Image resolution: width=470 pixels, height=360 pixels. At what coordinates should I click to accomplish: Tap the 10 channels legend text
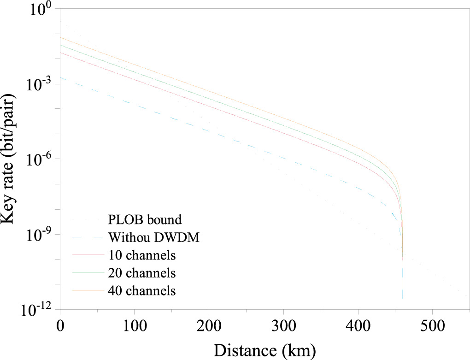point(142,254)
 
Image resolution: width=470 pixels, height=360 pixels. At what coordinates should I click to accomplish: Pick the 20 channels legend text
point(142,273)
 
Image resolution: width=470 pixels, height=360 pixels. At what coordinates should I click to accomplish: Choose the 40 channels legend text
point(142,291)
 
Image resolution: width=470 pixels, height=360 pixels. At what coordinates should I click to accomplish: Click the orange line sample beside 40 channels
point(88,291)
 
